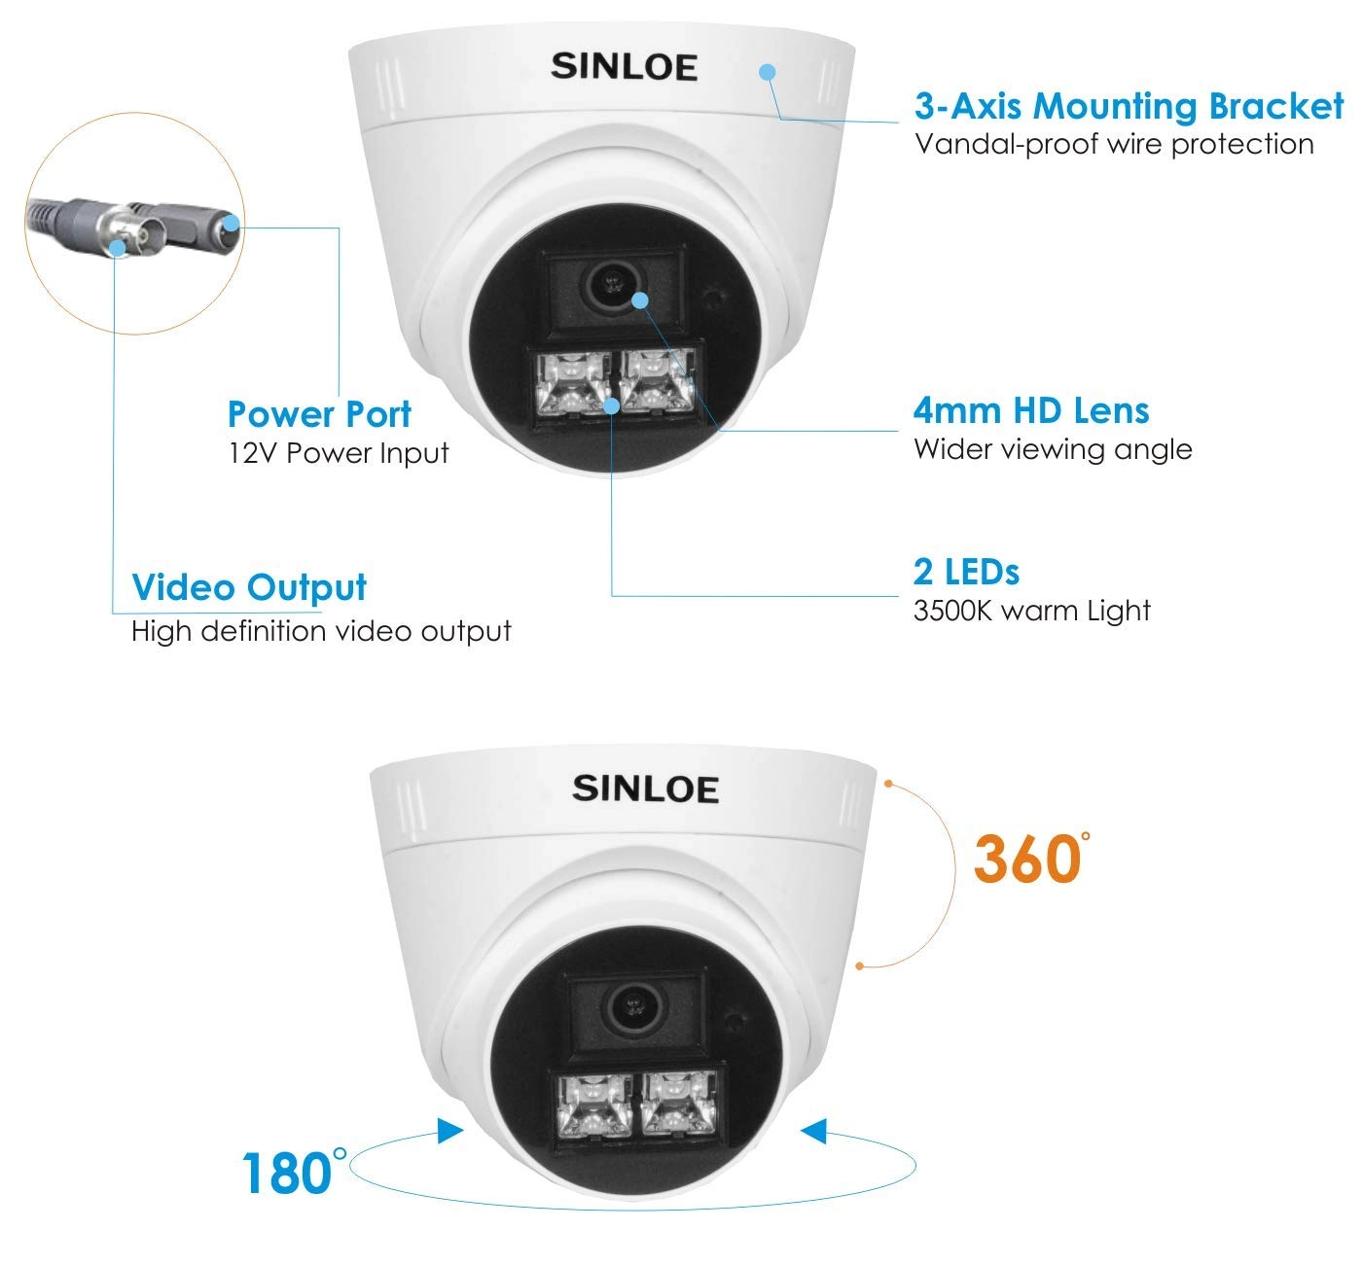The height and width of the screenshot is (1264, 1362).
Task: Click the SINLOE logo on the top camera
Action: pos(624,66)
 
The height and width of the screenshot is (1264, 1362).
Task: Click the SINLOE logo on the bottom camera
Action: pos(645,789)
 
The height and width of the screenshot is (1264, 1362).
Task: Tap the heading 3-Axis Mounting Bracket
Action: pos(1129,106)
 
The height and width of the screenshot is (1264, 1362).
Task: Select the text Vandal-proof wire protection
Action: pos(1115,145)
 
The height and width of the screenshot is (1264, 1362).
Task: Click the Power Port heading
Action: pos(319,414)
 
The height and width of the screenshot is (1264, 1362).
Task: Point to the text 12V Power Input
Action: pos(339,453)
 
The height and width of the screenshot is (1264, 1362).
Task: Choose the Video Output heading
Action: pos(249,588)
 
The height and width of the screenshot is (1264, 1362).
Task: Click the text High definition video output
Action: pos(321,631)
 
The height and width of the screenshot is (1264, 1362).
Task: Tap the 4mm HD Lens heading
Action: pos(1031,410)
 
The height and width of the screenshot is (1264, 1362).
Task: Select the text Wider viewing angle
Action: pos(1053,449)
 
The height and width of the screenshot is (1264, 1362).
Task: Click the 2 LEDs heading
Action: pos(966,572)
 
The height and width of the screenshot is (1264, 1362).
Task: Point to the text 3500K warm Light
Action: pos(1032,611)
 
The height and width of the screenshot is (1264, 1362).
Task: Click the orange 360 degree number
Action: pos(1031,859)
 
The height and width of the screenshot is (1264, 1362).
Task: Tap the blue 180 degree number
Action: pos(294,1172)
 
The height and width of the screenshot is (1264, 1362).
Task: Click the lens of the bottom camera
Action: pos(634,1007)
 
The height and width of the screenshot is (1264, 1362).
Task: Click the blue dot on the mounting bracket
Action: pos(768,71)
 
